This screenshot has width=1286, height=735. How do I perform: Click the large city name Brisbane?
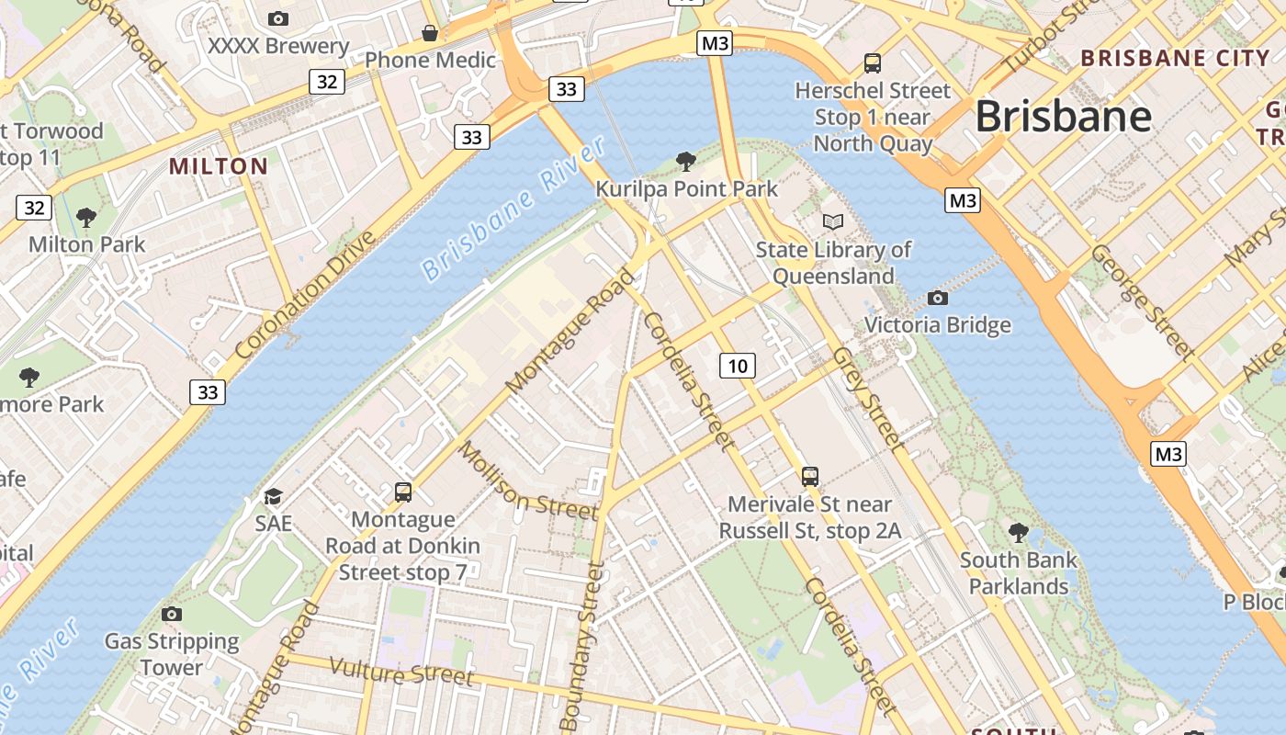[1063, 117]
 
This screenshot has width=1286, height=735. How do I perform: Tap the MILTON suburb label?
[219, 166]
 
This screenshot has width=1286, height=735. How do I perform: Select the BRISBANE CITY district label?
[1175, 58]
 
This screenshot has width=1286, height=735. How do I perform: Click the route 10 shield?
[737, 366]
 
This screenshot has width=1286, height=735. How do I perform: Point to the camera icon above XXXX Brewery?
[277, 18]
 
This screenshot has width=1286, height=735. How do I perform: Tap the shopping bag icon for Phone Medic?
[429, 34]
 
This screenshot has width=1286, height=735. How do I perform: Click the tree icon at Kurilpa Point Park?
[685, 163]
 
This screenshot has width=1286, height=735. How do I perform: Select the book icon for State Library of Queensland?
[832, 222]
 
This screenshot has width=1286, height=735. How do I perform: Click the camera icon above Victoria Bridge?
[937, 298]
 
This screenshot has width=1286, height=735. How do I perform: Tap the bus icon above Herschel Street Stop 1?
[872, 63]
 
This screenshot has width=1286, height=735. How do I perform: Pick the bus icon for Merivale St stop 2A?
[809, 476]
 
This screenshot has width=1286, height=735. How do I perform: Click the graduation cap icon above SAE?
[273, 497]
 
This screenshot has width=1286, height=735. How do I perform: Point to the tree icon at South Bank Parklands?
[1018, 532]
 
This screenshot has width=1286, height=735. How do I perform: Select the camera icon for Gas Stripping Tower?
[171, 614]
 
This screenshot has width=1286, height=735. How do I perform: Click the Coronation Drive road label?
[305, 295]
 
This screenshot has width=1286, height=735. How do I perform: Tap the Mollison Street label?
[527, 481]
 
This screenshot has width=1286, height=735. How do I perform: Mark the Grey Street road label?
[868, 399]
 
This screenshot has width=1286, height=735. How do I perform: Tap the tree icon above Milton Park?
[86, 218]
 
